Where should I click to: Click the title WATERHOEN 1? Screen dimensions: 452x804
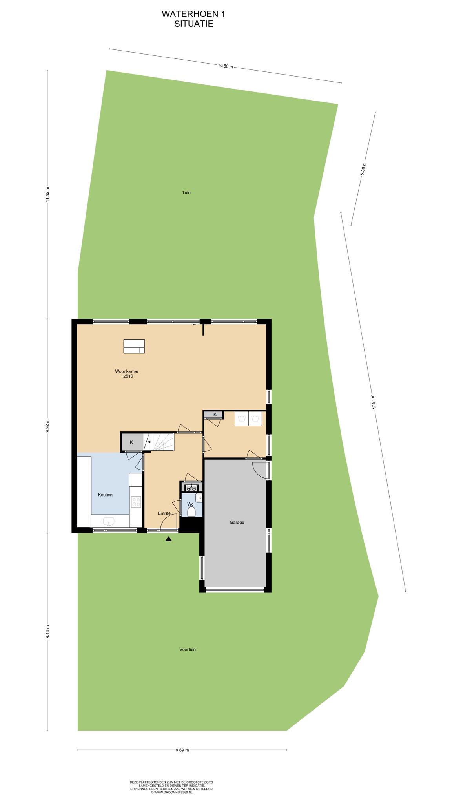click(193, 14)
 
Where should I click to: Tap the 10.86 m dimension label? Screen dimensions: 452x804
click(226, 66)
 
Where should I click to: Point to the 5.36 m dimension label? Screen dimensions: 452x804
click(363, 169)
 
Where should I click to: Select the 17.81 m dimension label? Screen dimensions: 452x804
click(373, 402)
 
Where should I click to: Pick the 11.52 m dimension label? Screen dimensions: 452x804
click(47, 194)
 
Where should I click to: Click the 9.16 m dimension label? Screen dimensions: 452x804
click(47, 631)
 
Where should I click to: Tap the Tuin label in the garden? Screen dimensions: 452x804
click(186, 192)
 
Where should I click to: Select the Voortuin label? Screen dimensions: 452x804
click(188, 649)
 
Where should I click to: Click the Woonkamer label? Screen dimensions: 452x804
click(127, 371)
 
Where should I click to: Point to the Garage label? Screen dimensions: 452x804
click(237, 522)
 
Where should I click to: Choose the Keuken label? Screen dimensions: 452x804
click(105, 495)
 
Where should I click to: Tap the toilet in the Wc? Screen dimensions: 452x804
click(191, 512)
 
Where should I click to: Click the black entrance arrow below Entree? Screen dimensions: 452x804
click(169, 539)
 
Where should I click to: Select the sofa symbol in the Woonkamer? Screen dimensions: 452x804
click(134, 346)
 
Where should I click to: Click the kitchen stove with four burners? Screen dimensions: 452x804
click(136, 502)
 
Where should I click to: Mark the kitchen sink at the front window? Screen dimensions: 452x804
click(109, 521)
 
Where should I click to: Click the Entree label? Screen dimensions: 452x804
click(164, 513)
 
